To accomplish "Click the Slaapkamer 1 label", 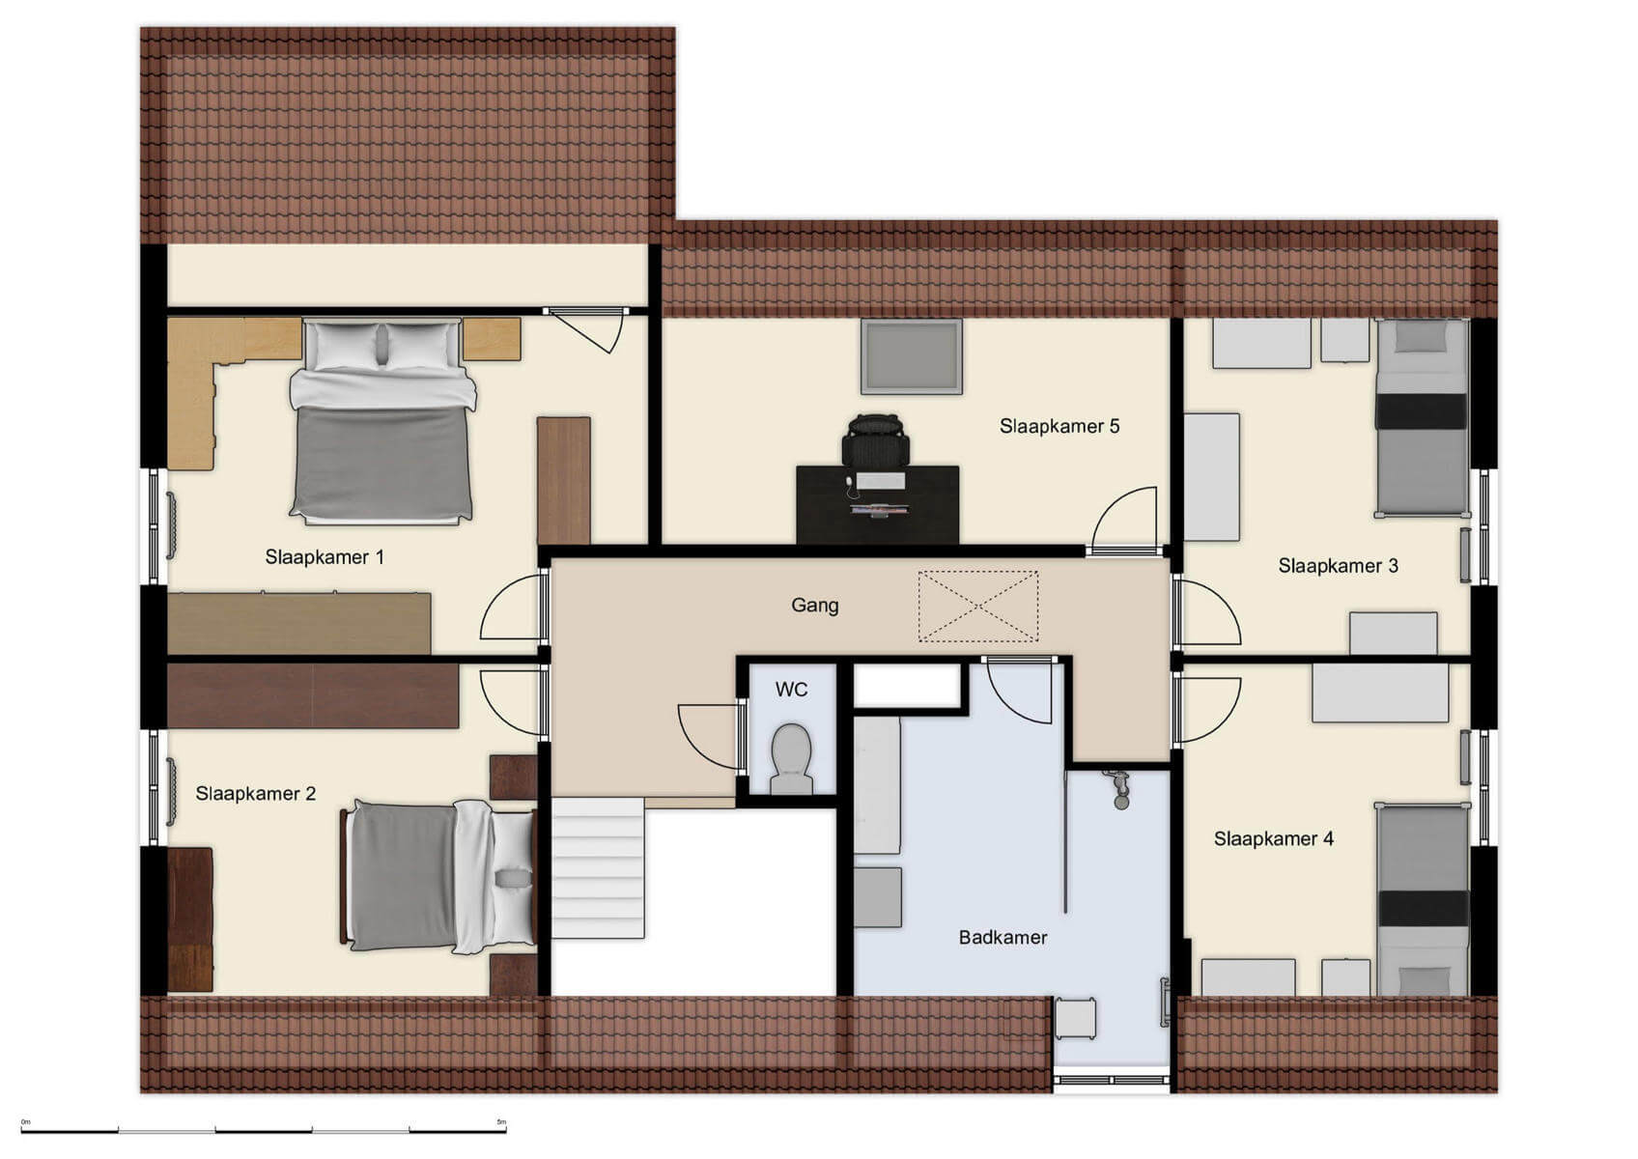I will click(325, 557).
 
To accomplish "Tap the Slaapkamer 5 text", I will click(1059, 426).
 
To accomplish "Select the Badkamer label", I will click(1003, 937).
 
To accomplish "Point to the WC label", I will click(791, 690).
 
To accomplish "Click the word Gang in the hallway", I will click(814, 606).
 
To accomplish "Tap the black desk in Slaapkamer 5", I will click(877, 504).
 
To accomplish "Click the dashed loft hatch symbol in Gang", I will click(977, 606).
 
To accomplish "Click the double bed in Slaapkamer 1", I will click(381, 422).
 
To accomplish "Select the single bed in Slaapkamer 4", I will click(1422, 898).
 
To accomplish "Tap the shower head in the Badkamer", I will click(1120, 787).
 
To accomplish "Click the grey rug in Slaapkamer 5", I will click(911, 356).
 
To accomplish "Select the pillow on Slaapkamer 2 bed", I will click(512, 878).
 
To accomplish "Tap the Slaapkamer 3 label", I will click(1337, 566).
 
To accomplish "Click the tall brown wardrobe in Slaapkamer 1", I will click(563, 480).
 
